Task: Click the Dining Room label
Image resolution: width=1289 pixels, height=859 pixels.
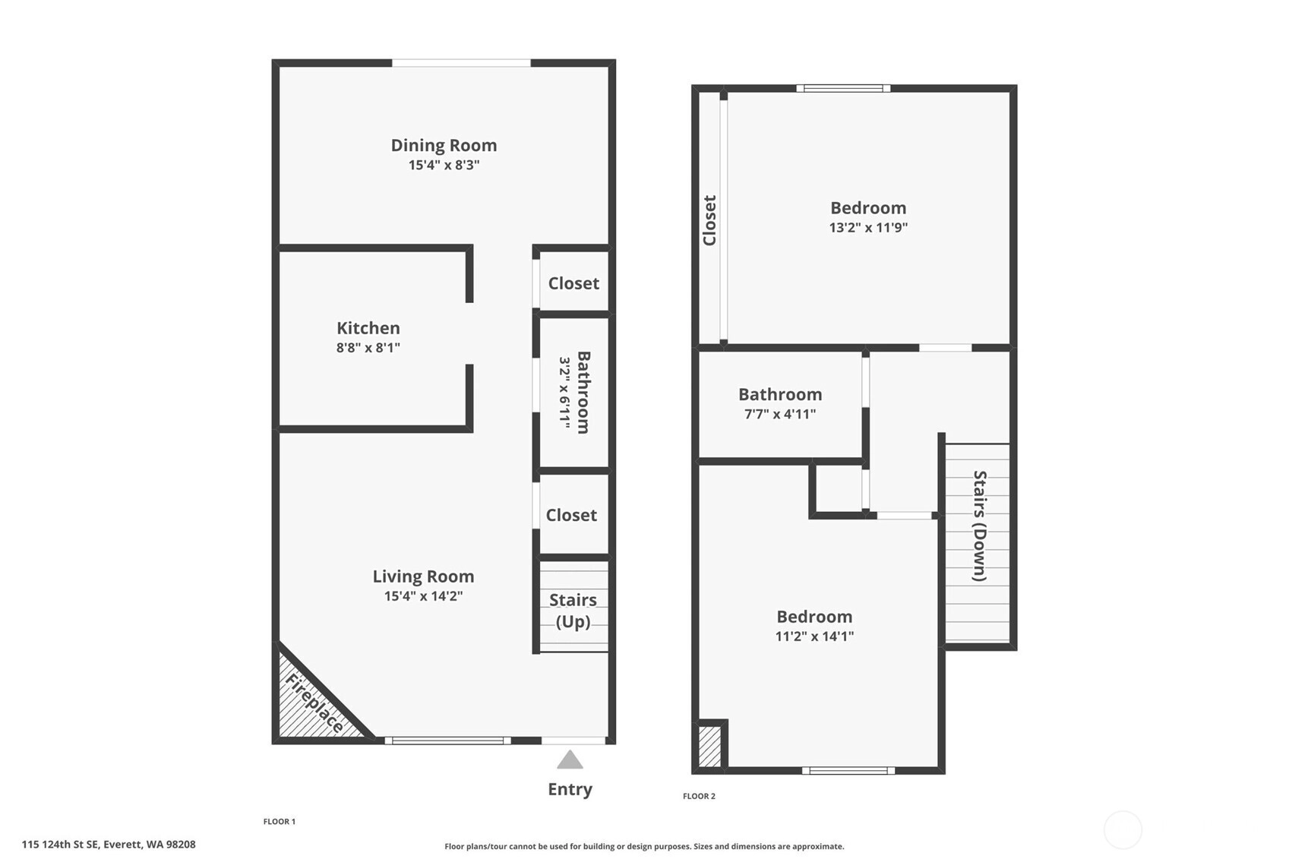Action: (444, 146)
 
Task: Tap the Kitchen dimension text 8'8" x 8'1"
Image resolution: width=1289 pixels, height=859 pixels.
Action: (368, 348)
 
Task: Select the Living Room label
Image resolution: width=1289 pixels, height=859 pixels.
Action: (424, 576)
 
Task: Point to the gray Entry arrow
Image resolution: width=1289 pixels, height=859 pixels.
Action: (570, 760)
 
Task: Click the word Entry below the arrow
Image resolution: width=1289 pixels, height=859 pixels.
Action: (570, 789)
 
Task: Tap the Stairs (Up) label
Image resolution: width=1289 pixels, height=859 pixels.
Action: (573, 611)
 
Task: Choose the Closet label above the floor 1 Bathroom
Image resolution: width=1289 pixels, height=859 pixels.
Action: (573, 283)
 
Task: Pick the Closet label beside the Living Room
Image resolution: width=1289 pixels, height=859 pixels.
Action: (571, 515)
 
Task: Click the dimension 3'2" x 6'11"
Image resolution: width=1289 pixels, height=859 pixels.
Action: (564, 393)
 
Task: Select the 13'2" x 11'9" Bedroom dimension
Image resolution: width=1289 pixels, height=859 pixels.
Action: (868, 227)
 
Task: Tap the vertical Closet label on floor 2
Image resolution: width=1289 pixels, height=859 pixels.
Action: (709, 220)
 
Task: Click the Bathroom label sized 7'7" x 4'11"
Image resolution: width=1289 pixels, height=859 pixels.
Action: (780, 395)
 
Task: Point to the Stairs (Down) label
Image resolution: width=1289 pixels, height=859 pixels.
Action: (980, 526)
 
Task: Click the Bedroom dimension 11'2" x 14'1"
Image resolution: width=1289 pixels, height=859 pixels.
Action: (814, 636)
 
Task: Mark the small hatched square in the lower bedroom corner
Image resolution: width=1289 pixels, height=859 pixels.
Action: (709, 747)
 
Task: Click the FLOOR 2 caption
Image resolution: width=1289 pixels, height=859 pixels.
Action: (699, 796)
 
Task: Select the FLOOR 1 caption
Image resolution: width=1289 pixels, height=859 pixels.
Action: (279, 822)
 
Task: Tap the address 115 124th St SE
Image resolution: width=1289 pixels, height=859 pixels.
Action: (61, 845)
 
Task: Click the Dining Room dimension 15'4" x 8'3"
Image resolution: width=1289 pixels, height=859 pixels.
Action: (444, 165)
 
